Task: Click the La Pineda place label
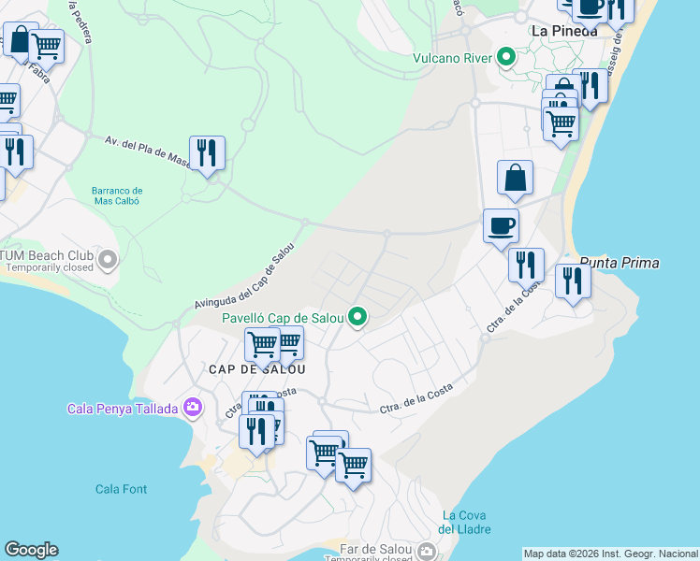[x=563, y=31]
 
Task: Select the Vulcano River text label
[x=453, y=59]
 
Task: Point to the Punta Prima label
[x=620, y=263]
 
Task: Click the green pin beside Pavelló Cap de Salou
[x=357, y=318]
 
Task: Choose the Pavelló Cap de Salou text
[x=282, y=318]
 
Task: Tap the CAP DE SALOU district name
[x=257, y=369]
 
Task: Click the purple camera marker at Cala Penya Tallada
[x=193, y=407]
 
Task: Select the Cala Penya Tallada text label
[x=124, y=409]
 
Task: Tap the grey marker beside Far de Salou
[x=428, y=551]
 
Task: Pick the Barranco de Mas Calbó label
[x=116, y=195]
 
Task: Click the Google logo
[x=31, y=550]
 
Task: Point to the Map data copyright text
[x=610, y=554]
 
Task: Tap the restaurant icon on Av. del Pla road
[x=207, y=152]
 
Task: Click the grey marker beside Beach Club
[x=109, y=259]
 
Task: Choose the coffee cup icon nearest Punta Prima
[x=501, y=224]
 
